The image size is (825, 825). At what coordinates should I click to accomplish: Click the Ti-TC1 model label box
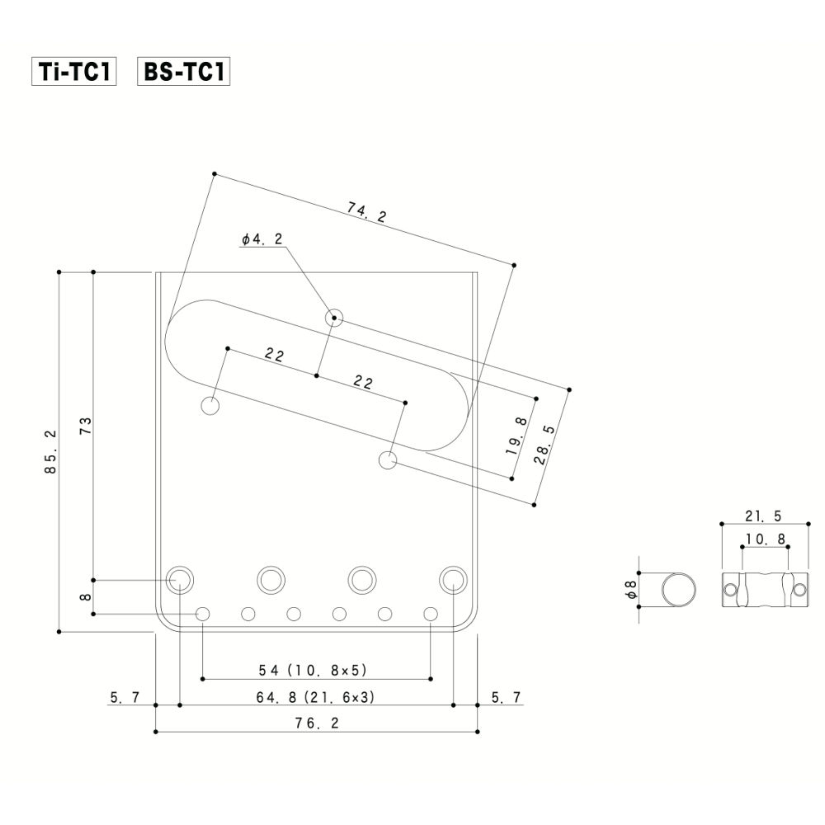point(73,72)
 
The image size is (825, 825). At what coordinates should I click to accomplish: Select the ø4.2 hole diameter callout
point(262,239)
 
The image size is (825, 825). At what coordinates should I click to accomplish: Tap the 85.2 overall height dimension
point(51,452)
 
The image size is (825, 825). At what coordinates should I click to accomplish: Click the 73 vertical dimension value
point(85,426)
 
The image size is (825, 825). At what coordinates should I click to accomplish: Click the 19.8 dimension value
point(518,436)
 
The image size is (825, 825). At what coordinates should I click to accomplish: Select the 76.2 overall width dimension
point(317,723)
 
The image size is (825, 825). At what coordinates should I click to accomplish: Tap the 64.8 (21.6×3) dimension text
point(317,697)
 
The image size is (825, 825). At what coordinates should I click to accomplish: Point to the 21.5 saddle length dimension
point(762,516)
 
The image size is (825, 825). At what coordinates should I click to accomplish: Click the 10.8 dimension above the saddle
point(762,539)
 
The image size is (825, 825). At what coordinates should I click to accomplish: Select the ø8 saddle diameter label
point(629,590)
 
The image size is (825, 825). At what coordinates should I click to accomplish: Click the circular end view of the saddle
point(679,590)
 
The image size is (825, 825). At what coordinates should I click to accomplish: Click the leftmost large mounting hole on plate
point(179,580)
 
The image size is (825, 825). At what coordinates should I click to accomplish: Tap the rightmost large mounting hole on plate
point(453,580)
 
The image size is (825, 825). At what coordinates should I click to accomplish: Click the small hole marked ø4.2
point(333,317)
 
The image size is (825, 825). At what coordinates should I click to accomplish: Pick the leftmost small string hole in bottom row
point(203,614)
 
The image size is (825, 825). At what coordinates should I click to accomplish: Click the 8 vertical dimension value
point(86,596)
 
